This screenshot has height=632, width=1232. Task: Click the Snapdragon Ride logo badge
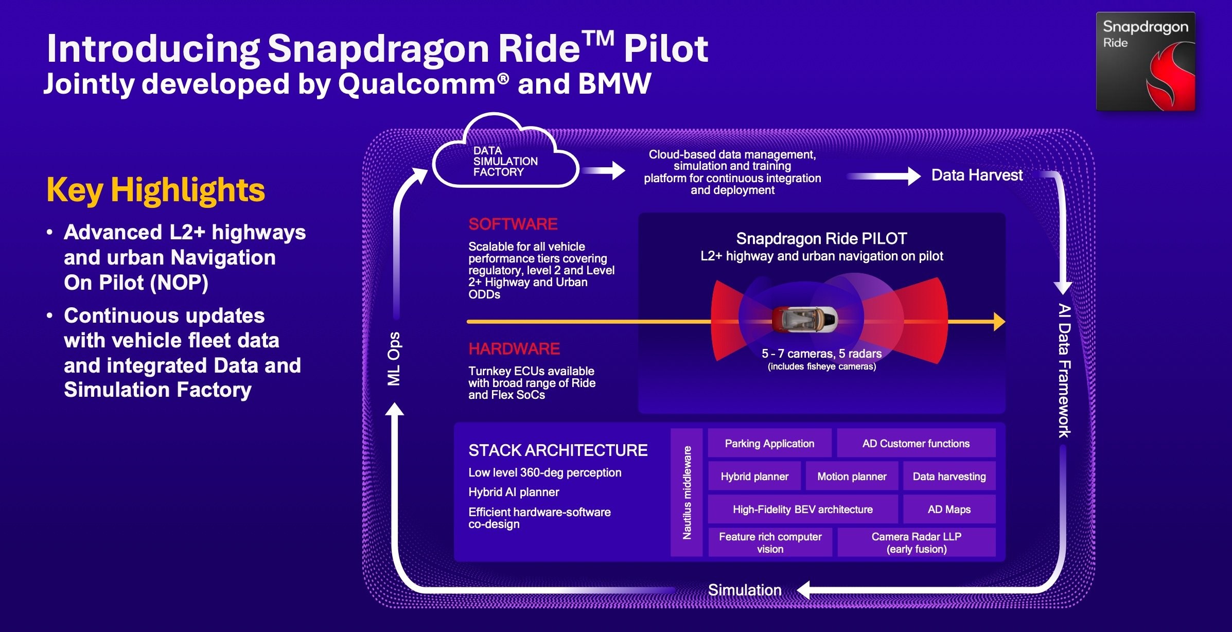(1145, 61)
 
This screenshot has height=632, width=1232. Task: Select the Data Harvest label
(976, 175)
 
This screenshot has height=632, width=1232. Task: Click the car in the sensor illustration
(804, 320)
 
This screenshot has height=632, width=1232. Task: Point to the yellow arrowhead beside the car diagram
(999, 322)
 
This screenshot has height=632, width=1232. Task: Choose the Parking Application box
(769, 443)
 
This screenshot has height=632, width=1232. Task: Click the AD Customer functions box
(916, 443)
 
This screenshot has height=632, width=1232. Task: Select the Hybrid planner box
(754, 476)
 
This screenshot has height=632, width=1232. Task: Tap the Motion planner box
(852, 476)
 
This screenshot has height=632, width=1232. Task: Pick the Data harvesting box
(949, 476)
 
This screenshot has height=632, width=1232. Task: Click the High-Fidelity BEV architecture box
(802, 509)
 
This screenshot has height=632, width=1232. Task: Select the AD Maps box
(949, 509)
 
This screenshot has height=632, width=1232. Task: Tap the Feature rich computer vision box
(770, 542)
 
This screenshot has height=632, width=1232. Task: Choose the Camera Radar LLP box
(916, 542)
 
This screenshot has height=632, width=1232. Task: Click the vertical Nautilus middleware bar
(687, 492)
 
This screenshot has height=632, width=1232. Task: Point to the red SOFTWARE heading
(513, 224)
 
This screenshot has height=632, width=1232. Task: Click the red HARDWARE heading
(514, 349)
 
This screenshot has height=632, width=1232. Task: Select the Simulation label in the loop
(744, 590)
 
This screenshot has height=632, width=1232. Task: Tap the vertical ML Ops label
(394, 359)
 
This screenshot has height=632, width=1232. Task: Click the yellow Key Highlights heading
(155, 190)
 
